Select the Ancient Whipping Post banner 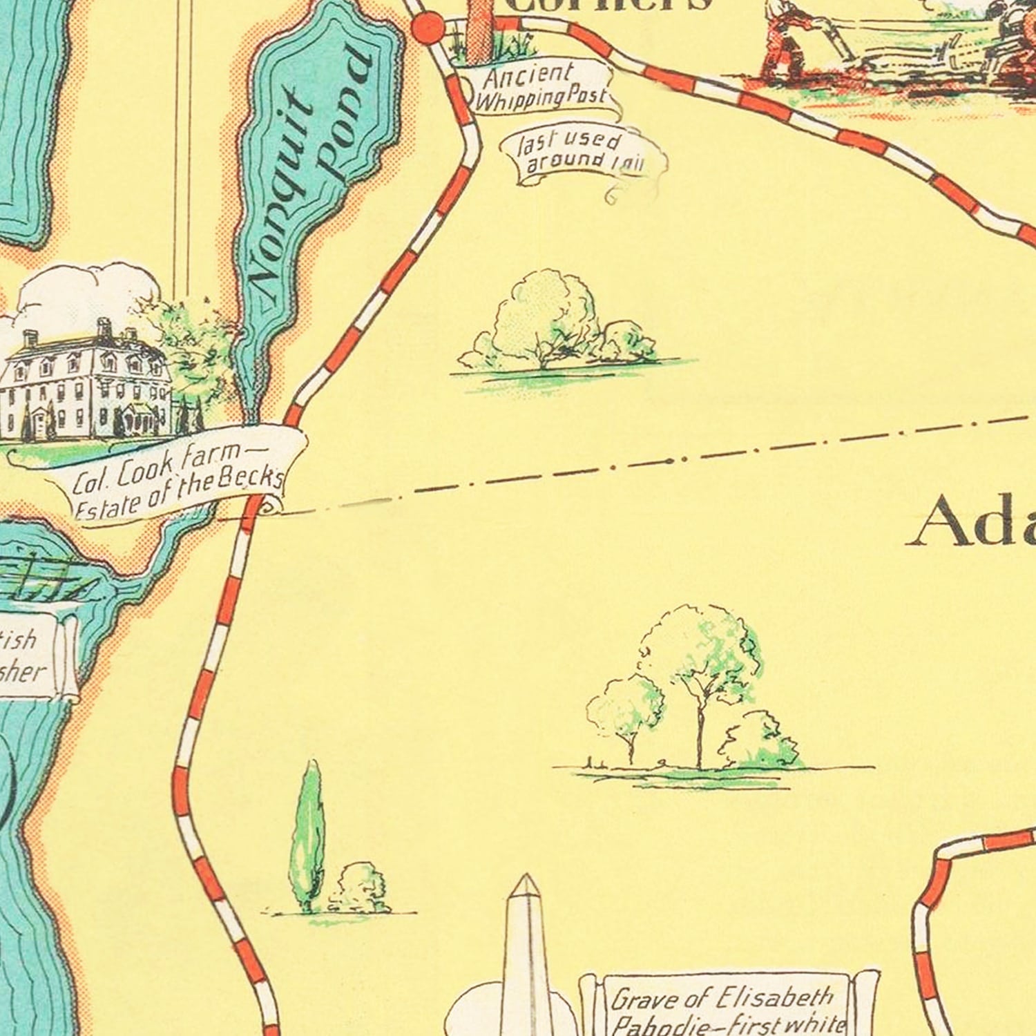(x=535, y=86)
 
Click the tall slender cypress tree (x=309, y=836)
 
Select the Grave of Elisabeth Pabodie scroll (x=725, y=1008)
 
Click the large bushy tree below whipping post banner (x=546, y=321)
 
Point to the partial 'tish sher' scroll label (x=28, y=656)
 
